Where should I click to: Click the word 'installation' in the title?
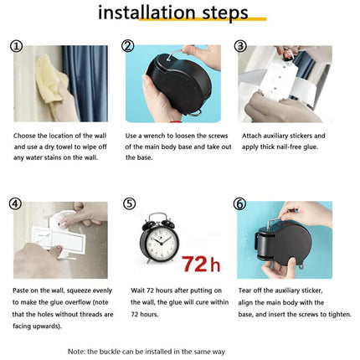(148, 13)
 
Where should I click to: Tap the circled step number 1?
(17, 47)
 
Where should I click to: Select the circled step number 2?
(128, 47)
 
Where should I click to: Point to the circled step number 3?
(240, 47)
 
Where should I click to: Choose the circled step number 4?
(17, 203)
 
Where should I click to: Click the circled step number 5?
(128, 203)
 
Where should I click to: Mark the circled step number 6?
(240, 203)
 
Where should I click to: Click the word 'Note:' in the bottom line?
(79, 352)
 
